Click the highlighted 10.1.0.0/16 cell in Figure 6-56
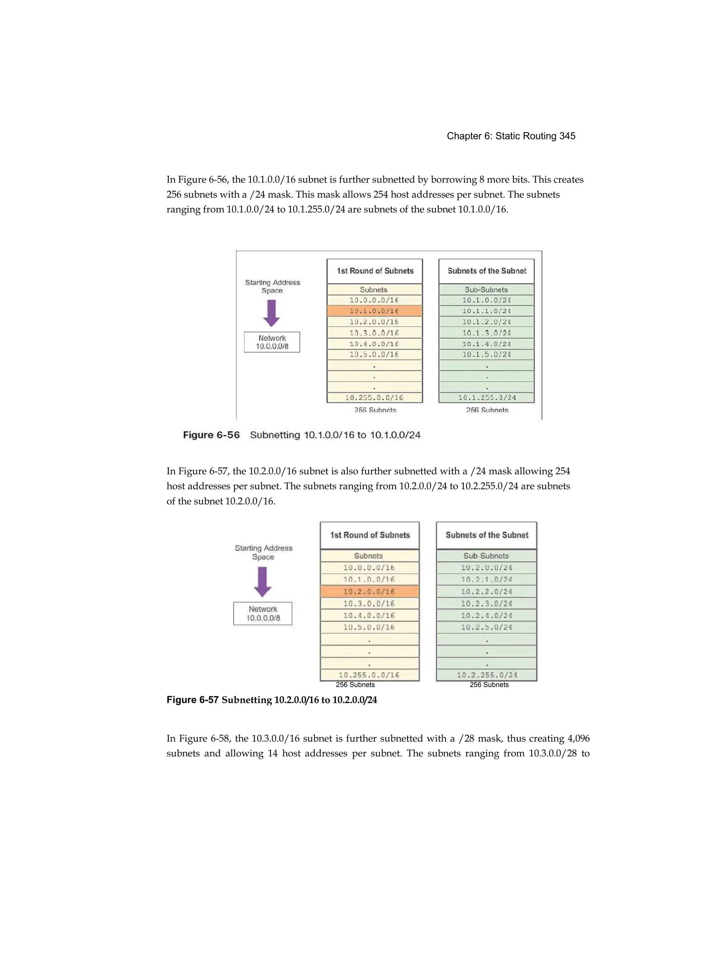coord(374,311)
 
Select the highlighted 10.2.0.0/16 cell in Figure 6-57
coord(369,591)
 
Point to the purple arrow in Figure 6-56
coord(272,313)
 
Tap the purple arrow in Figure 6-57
coord(263,582)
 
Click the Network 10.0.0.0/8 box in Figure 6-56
coord(272,342)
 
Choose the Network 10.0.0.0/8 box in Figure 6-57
coord(263,614)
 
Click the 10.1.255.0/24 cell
coord(486,398)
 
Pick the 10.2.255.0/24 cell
coord(486,675)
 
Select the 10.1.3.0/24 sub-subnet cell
coord(486,333)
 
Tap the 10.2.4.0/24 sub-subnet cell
coord(486,615)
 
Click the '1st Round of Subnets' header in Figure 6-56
coord(375,271)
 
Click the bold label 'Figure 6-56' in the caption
coord(211,435)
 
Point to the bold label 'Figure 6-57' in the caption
coord(193,700)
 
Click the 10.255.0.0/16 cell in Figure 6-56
coord(374,398)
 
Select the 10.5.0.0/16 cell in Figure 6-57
coord(369,627)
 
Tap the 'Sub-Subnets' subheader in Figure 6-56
coord(486,290)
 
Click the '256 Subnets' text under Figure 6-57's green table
coord(488,685)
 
